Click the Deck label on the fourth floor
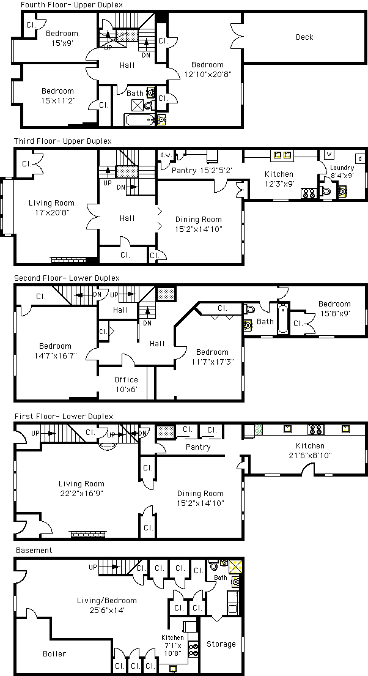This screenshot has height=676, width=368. click(304, 37)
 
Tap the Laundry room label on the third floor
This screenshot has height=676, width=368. click(342, 168)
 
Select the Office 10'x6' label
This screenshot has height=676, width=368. click(127, 384)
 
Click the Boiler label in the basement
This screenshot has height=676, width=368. click(55, 653)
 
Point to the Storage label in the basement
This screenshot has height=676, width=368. click(221, 644)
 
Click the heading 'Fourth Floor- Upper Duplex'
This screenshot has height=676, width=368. click(72, 5)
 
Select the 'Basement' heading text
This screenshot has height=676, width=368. click(34, 550)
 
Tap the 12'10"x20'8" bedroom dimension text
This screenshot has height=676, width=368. click(208, 74)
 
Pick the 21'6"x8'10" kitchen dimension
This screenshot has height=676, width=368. click(310, 455)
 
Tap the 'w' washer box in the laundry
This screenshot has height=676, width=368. click(328, 154)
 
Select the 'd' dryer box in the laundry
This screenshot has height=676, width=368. click(359, 158)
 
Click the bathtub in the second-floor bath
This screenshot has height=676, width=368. click(282, 318)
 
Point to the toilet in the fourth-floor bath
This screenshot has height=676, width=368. click(149, 105)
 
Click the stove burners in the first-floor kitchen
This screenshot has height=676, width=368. click(316, 429)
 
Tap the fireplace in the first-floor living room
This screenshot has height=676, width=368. click(89, 534)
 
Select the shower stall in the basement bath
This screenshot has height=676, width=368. click(236, 566)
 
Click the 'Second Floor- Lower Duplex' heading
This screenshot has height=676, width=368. click(67, 278)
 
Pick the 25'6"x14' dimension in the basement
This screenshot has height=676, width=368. click(101, 610)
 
